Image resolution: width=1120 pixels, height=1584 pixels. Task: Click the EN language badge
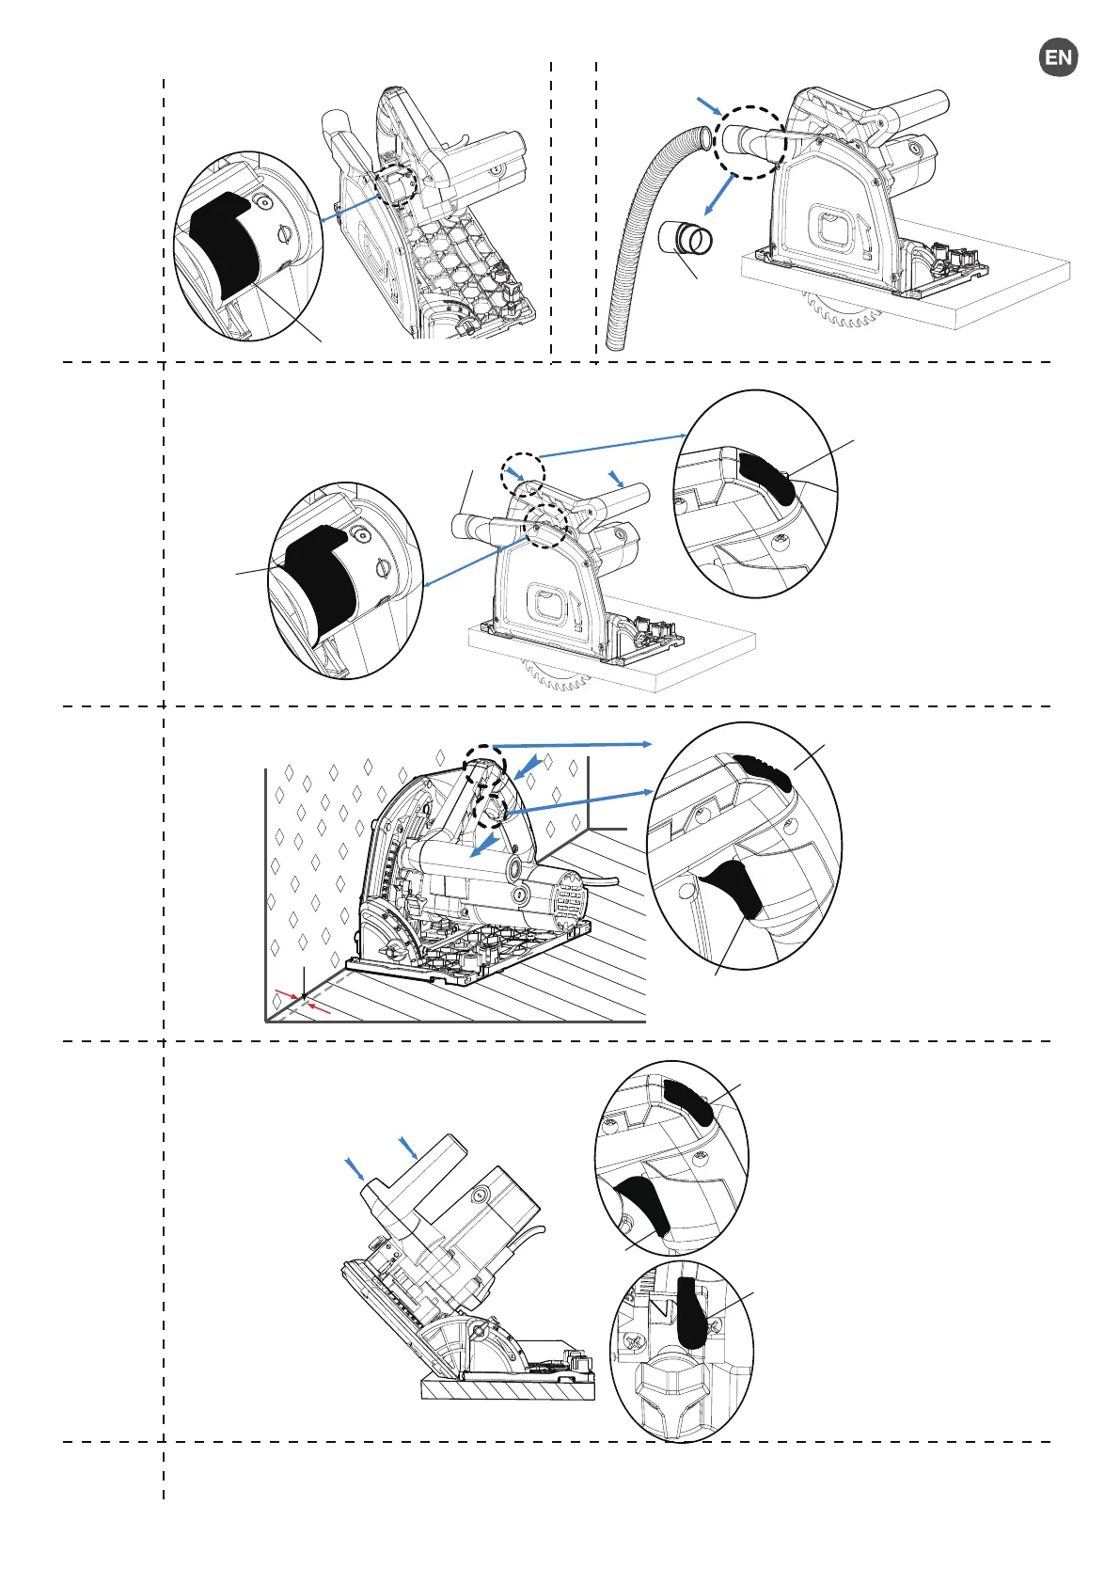[1058, 57]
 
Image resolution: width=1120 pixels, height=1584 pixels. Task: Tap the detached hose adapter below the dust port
[687, 239]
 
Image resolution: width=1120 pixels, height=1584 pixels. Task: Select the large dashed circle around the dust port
[748, 141]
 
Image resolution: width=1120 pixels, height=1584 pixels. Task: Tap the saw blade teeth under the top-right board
[842, 310]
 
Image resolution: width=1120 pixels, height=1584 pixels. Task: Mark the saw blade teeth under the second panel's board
[555, 675]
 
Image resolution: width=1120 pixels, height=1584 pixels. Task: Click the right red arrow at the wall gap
[320, 1008]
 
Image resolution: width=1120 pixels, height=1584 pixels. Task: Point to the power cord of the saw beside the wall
[607, 881]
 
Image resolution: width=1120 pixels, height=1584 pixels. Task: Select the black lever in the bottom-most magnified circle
[694, 1313]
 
